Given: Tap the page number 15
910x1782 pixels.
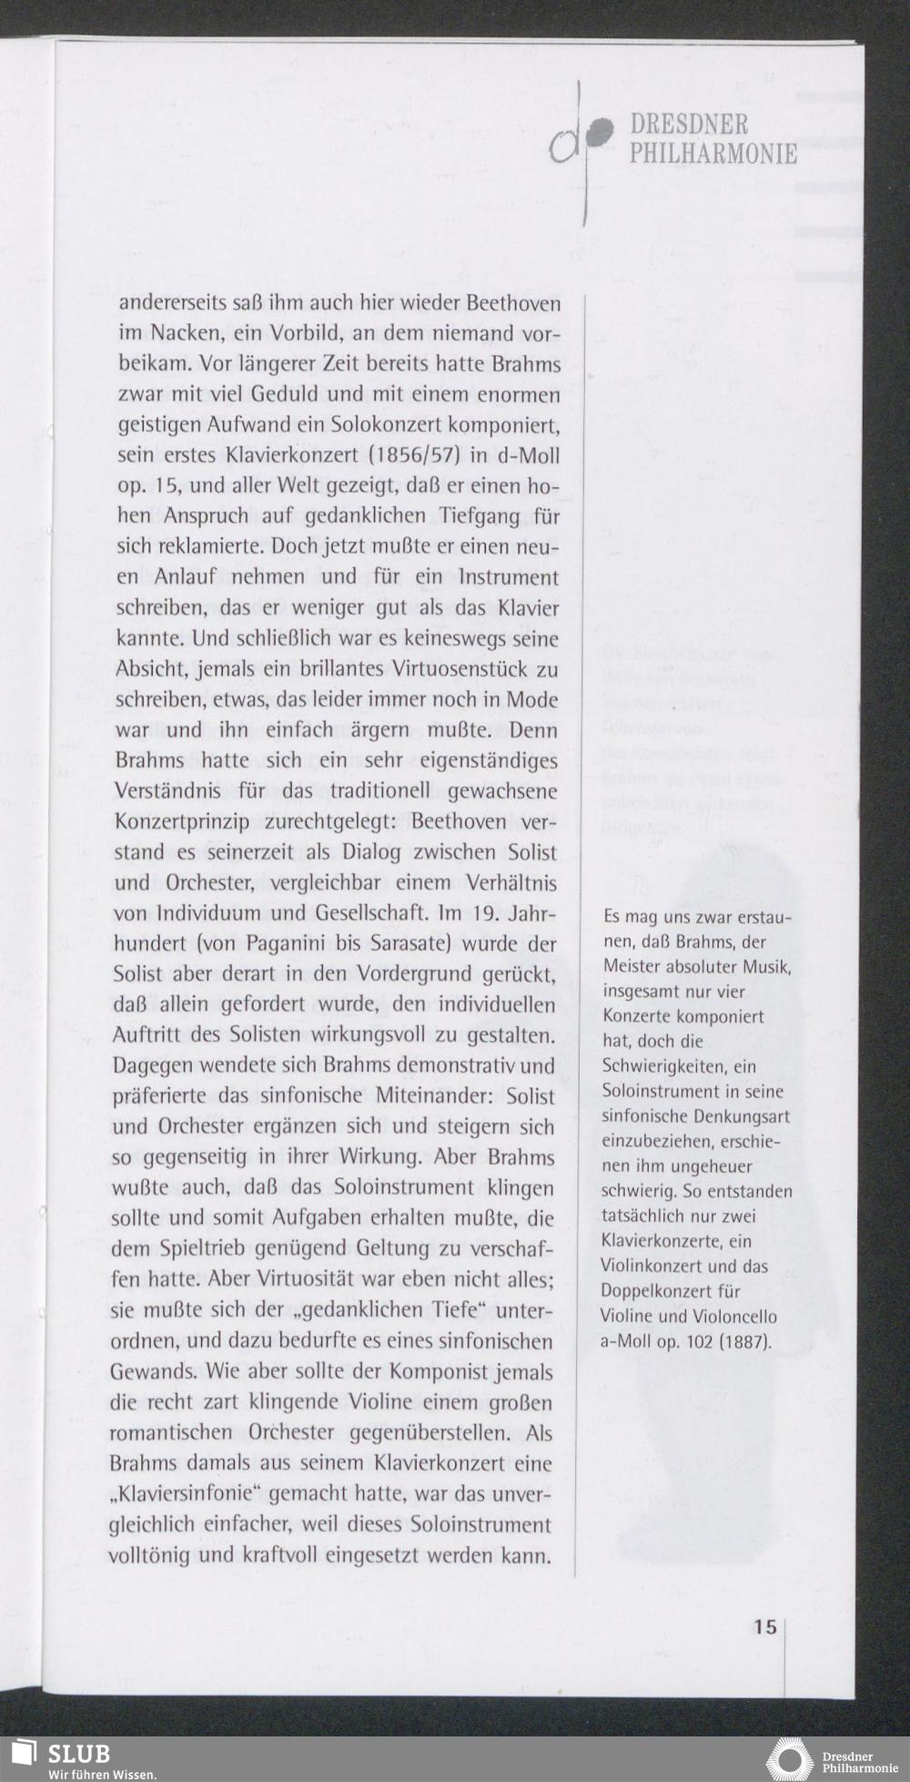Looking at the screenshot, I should [x=764, y=1626].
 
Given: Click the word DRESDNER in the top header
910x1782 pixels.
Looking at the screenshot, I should [x=689, y=125].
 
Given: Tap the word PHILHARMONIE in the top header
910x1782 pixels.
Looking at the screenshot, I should [x=713, y=153].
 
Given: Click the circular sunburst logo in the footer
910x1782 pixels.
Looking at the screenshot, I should [x=788, y=1759].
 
